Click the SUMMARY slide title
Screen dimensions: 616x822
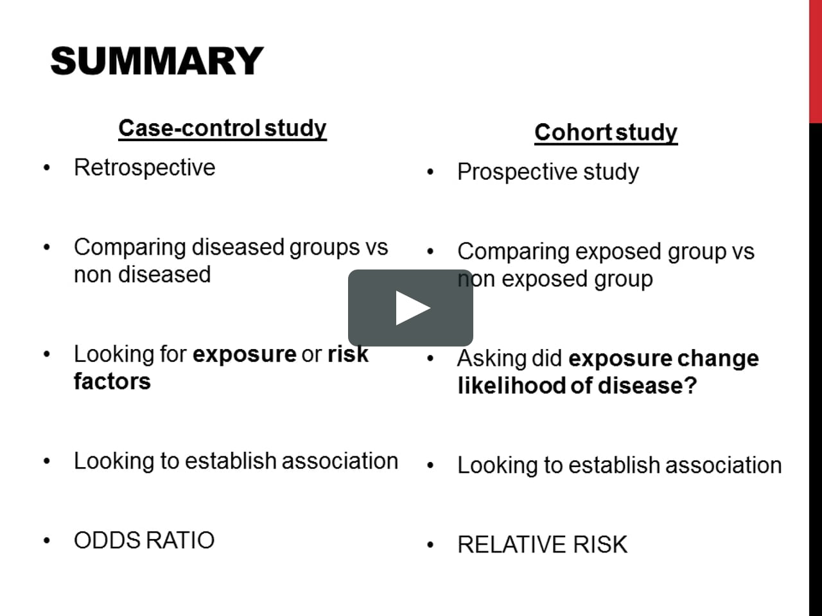157,62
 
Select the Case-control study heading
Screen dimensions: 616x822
222,128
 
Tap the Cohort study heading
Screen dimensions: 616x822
606,133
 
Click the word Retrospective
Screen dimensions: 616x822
144,167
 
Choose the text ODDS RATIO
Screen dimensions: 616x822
144,540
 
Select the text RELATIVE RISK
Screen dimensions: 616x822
542,545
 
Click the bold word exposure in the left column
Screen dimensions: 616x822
244,354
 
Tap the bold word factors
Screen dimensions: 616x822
112,381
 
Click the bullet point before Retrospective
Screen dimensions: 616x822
46,169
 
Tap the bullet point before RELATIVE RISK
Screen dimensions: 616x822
430,546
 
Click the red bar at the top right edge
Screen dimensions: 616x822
815,61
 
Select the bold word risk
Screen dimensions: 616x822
347,354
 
